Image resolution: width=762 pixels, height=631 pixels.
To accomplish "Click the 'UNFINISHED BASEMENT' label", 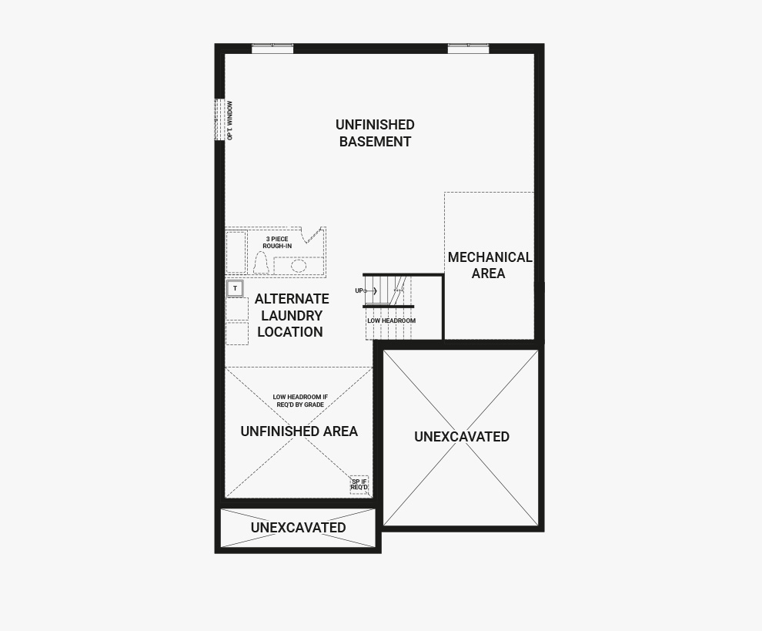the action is click(x=375, y=133).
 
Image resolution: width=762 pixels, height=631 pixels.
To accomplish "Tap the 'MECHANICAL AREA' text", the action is click(x=490, y=265).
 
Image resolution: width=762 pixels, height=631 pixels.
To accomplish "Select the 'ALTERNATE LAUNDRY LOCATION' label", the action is click(x=291, y=315).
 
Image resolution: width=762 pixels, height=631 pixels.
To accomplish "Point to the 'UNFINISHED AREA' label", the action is click(x=299, y=431).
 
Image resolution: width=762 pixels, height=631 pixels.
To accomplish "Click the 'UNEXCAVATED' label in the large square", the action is click(x=461, y=436).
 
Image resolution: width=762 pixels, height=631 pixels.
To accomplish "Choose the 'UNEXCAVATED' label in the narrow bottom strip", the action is click(x=298, y=527).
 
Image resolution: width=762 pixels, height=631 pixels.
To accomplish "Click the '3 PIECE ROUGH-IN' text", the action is click(x=277, y=242).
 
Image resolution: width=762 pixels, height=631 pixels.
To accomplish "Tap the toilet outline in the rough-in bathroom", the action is click(x=262, y=263).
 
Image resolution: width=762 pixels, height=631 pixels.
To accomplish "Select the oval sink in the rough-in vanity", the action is click(x=299, y=266).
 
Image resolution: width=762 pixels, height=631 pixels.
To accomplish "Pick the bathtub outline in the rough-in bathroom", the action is click(x=236, y=252).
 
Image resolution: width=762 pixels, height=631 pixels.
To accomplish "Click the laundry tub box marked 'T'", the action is click(x=236, y=288).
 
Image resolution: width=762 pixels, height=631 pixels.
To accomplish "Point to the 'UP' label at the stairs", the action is click(x=359, y=290).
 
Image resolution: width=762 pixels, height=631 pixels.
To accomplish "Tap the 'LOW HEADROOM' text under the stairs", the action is click(x=391, y=321).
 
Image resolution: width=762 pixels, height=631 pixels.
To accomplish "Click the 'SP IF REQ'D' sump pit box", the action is click(x=359, y=485).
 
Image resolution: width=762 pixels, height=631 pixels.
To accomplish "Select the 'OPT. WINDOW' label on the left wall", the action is click(x=229, y=121).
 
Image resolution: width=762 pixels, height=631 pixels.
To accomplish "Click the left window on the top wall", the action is click(x=272, y=48).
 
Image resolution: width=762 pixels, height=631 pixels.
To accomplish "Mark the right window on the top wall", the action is click(x=469, y=48).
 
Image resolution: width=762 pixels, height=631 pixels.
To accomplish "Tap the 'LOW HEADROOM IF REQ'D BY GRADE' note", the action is click(x=300, y=401).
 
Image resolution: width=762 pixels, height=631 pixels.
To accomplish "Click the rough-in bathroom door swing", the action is click(x=313, y=234).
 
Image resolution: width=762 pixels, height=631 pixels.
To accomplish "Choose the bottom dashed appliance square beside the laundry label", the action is click(x=237, y=334).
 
